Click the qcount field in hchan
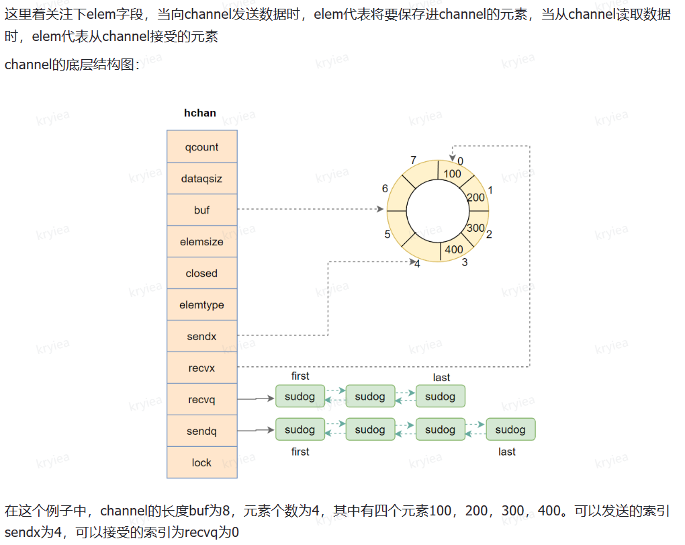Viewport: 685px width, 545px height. point(201,147)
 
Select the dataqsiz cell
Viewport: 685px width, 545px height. point(201,179)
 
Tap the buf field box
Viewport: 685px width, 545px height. point(201,210)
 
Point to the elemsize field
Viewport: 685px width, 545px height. point(201,242)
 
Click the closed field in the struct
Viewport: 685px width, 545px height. point(201,274)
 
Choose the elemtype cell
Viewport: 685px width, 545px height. point(201,305)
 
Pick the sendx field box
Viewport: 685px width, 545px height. point(201,336)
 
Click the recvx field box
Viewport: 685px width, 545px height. point(201,368)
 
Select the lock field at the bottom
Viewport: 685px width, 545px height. point(201,462)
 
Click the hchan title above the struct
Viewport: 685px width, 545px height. point(200,113)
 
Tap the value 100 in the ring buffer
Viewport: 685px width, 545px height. point(453,174)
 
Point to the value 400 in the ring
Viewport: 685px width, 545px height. point(454,249)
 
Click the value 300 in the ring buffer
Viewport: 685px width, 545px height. point(475,228)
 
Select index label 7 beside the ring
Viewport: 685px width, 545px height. point(413,160)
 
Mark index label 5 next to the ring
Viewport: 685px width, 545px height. point(387,234)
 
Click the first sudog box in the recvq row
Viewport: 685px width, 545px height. point(300,396)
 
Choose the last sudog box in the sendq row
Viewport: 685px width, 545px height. point(510,429)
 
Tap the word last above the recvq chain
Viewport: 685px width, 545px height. point(441,377)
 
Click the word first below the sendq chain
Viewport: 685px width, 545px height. point(300,452)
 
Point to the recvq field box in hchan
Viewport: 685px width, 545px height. point(201,400)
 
